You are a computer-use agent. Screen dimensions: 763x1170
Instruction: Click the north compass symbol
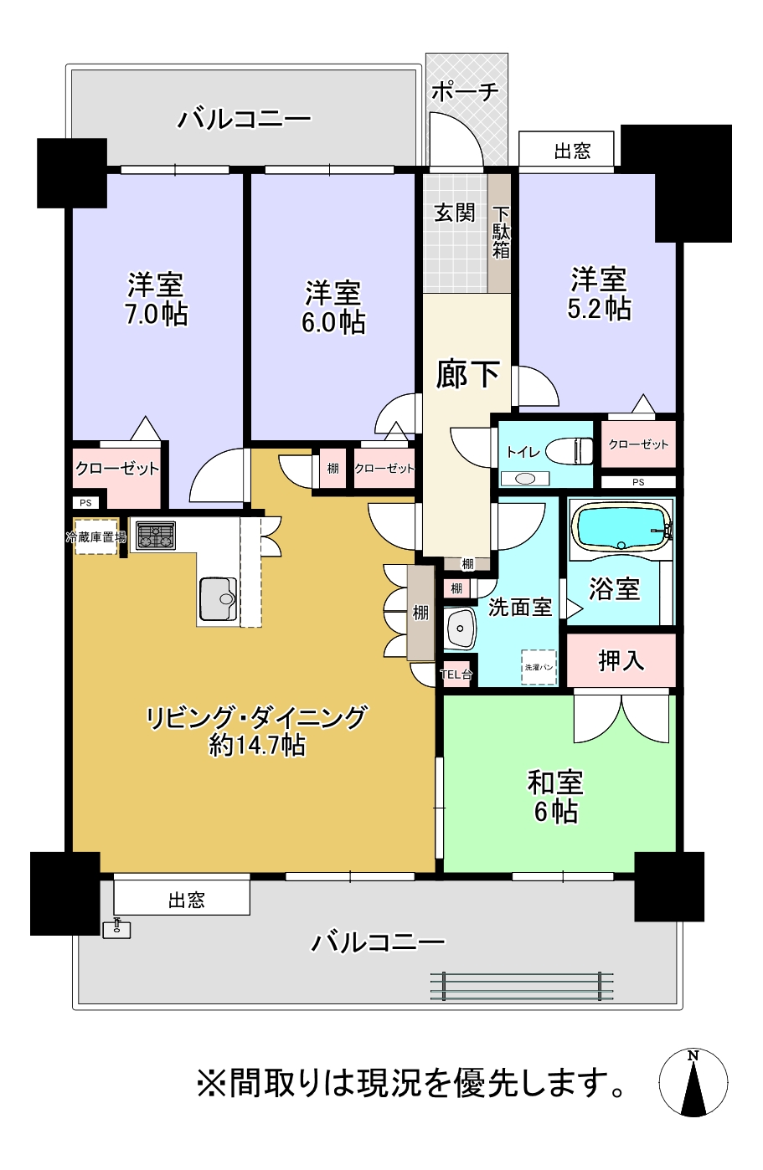693,1082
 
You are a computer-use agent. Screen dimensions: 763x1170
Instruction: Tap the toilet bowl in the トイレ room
570,449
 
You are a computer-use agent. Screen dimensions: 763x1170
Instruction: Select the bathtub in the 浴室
621,526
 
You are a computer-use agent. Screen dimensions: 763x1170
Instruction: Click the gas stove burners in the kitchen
155,536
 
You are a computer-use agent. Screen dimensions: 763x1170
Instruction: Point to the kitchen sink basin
218,598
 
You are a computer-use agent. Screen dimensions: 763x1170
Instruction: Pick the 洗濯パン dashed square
539,667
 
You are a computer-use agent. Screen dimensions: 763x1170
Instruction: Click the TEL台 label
456,675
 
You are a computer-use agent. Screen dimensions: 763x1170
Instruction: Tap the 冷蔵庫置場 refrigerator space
95,536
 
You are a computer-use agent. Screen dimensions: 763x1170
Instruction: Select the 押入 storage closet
621,660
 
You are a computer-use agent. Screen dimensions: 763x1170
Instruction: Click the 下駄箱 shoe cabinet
500,233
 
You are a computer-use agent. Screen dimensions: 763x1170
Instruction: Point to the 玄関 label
454,213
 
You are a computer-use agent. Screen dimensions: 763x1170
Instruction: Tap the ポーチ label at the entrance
465,92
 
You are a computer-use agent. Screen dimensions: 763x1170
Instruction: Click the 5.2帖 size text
599,309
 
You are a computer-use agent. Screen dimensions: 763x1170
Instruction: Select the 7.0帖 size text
156,314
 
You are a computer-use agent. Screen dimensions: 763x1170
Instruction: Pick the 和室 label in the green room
555,783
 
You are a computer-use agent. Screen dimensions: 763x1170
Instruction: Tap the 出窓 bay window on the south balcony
182,897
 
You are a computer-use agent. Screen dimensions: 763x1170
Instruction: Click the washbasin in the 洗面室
459,628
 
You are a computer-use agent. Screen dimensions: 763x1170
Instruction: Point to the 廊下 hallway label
467,374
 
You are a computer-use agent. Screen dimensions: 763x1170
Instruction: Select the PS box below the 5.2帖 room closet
638,482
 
